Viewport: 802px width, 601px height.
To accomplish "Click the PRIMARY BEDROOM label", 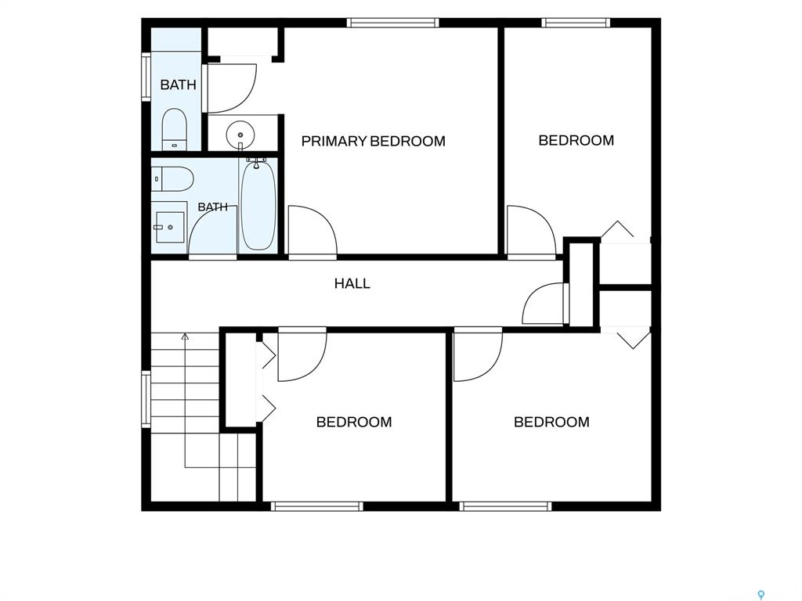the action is click(x=373, y=141).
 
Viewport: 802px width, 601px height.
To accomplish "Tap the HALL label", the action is click(x=352, y=283).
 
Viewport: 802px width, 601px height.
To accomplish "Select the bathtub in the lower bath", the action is click(x=258, y=204).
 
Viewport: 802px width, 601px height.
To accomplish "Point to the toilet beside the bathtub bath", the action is click(x=172, y=179).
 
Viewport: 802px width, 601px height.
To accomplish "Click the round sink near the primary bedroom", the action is click(x=240, y=135).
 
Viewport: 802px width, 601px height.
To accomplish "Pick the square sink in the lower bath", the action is click(x=170, y=227).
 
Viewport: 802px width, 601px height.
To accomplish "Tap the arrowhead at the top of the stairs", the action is click(x=185, y=336).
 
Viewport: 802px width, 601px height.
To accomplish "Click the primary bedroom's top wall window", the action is click(x=393, y=23).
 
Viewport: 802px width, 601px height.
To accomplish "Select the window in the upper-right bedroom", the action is click(x=576, y=23).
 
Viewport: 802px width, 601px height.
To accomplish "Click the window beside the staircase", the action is click(x=146, y=399).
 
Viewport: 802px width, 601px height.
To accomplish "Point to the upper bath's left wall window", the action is click(x=146, y=76).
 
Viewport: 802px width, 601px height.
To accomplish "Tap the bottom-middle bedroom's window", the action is click(x=316, y=506).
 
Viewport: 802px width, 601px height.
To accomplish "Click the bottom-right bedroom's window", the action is click(x=505, y=506).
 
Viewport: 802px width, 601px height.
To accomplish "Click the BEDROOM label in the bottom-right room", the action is click(x=551, y=422).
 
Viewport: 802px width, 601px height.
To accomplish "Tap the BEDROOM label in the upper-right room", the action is click(x=576, y=141).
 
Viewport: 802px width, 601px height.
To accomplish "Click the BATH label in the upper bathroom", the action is click(x=178, y=85).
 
